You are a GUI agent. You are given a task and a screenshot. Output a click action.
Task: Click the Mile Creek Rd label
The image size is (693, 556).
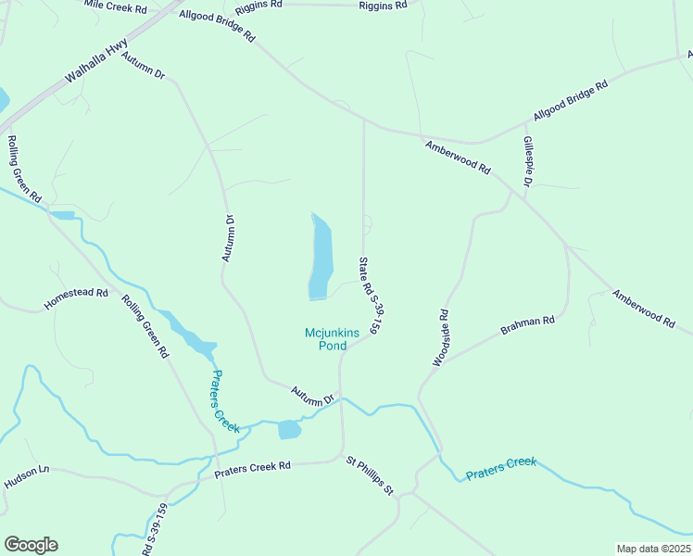click(115, 7)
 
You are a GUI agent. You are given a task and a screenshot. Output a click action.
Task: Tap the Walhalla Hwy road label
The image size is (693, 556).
click(95, 67)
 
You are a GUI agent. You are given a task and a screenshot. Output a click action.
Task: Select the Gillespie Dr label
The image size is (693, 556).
click(526, 162)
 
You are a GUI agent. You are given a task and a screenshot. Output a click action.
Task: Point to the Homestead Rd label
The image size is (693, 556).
click(76, 298)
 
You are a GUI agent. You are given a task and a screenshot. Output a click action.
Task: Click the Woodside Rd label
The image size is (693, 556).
click(441, 337)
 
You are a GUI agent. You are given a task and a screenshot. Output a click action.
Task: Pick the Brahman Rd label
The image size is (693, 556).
click(527, 325)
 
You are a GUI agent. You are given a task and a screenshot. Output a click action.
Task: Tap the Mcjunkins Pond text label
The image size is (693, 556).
click(325, 339)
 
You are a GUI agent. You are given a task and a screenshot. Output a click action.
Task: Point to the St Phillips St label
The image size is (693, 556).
click(371, 474)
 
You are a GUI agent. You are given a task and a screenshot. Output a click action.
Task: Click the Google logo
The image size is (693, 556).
click(31, 545)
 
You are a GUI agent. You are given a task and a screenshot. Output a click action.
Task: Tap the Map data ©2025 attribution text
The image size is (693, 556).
click(653, 549)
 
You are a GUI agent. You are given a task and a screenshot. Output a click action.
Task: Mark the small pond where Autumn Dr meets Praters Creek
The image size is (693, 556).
click(289, 429)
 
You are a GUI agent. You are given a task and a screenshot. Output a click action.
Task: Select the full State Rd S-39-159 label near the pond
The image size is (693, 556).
click(370, 295)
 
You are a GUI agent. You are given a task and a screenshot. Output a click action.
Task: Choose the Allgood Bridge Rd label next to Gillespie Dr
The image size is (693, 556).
click(570, 102)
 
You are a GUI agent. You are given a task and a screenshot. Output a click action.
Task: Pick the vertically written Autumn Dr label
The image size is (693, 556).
click(229, 238)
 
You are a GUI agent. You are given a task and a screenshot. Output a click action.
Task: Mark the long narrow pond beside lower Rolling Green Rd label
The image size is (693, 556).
click(189, 335)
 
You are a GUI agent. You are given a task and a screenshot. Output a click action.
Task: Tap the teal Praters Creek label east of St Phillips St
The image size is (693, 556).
click(501, 467)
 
